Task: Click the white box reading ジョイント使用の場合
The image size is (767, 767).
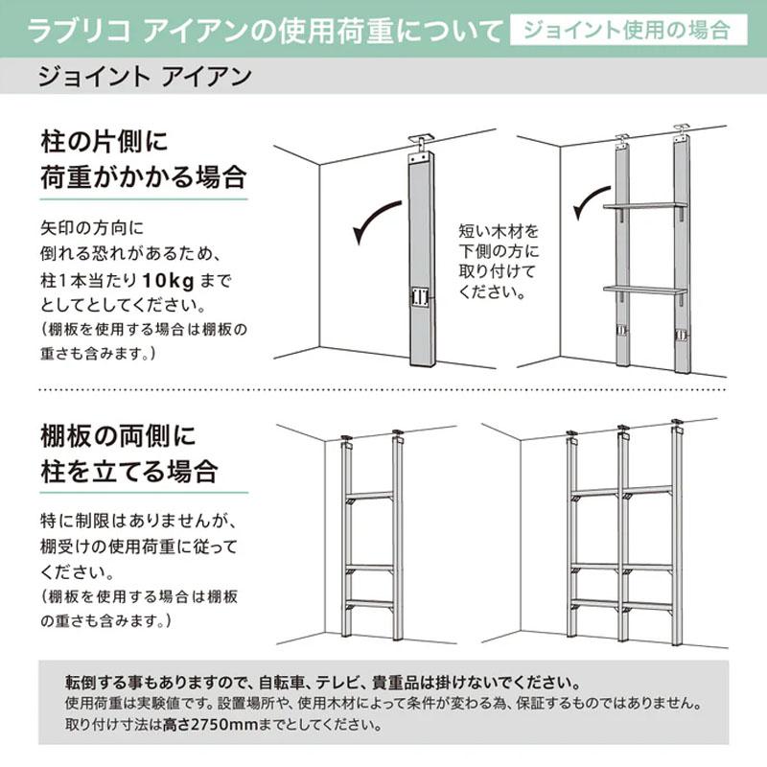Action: click(629, 30)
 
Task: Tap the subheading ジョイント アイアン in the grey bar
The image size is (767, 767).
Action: click(145, 77)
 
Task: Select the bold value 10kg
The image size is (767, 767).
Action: click(169, 281)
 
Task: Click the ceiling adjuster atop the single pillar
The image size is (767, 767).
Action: click(421, 143)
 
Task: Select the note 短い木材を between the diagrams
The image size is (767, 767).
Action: click(499, 231)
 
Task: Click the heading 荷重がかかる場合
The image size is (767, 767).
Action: click(143, 177)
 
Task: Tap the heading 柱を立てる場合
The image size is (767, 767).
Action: click(129, 472)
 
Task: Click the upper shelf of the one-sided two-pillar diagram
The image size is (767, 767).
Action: click(645, 206)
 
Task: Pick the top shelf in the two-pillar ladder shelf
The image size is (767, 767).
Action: click(370, 496)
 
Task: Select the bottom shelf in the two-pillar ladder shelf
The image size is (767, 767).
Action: click(370, 604)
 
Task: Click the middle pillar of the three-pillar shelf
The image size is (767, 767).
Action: click(622, 534)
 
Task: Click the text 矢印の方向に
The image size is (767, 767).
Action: click(92, 228)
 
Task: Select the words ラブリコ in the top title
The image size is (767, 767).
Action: click(79, 31)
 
